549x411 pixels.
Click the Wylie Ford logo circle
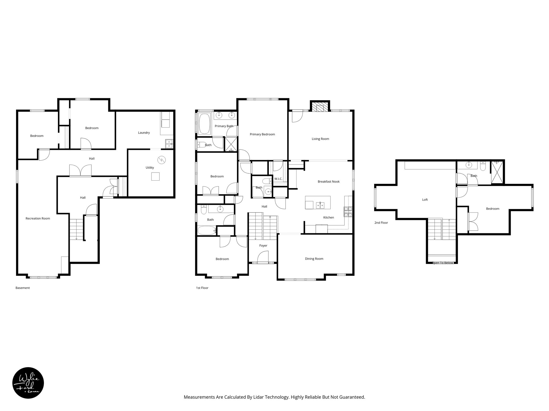coord(28,383)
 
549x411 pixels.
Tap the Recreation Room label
coord(38,218)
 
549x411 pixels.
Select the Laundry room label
coord(144,133)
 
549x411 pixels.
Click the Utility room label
coord(150,168)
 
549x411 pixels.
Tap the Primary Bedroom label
coord(262,134)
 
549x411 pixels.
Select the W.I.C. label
coord(278,179)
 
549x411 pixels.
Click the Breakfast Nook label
coord(329,181)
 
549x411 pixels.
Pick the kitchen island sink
coord(320,205)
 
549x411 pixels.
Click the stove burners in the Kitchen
coord(348,212)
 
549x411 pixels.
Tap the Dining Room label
coord(314,259)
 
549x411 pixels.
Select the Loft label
coord(425,200)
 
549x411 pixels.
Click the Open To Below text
coord(443,263)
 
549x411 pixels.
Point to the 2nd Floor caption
coord(381,223)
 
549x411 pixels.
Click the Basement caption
coord(23,288)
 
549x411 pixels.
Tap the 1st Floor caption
coord(202,288)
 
